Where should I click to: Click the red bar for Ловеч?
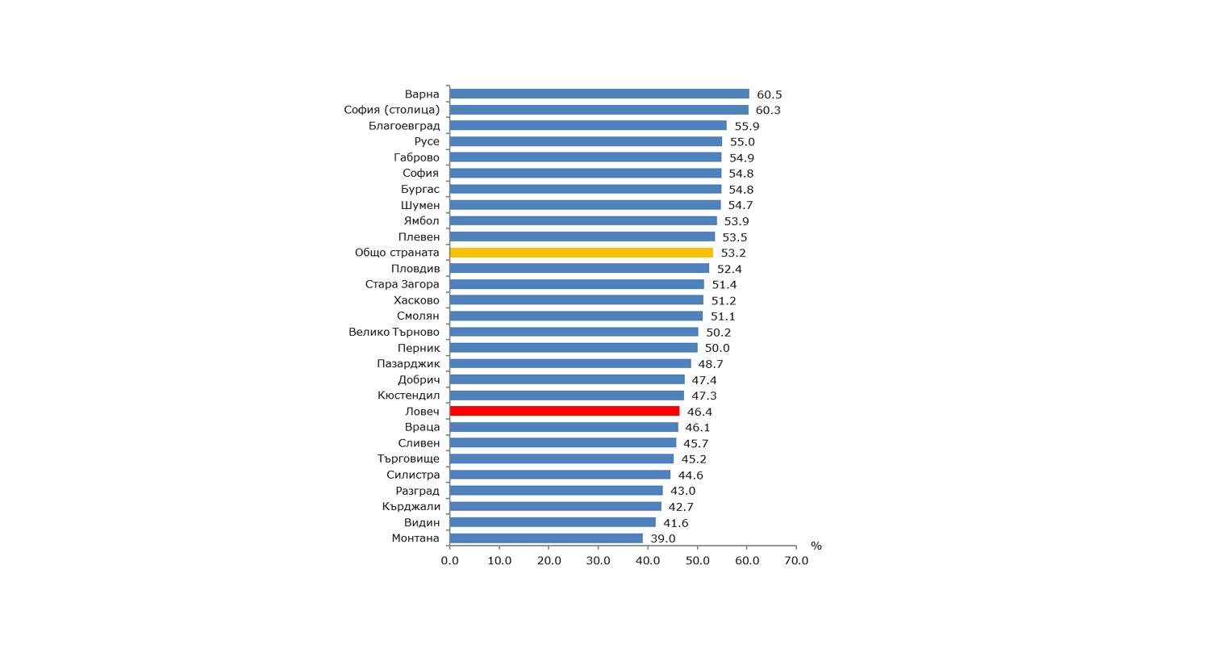point(565,412)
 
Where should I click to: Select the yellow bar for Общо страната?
point(581,253)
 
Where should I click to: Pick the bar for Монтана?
point(546,538)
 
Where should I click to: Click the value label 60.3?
point(768,111)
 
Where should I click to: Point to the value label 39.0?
point(663,539)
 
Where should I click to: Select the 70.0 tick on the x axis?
point(796,561)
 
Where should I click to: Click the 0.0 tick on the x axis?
point(450,561)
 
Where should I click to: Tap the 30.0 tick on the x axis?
point(599,561)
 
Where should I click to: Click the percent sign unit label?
point(816,546)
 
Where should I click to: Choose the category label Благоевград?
point(404,126)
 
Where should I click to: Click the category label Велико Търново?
point(394,333)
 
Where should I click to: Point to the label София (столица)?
point(392,111)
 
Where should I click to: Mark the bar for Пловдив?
point(579,269)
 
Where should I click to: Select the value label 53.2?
point(733,253)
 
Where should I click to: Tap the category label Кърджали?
point(411,507)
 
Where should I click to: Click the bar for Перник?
point(574,348)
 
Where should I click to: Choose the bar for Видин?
point(553,522)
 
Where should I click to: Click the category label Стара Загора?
point(403,285)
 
